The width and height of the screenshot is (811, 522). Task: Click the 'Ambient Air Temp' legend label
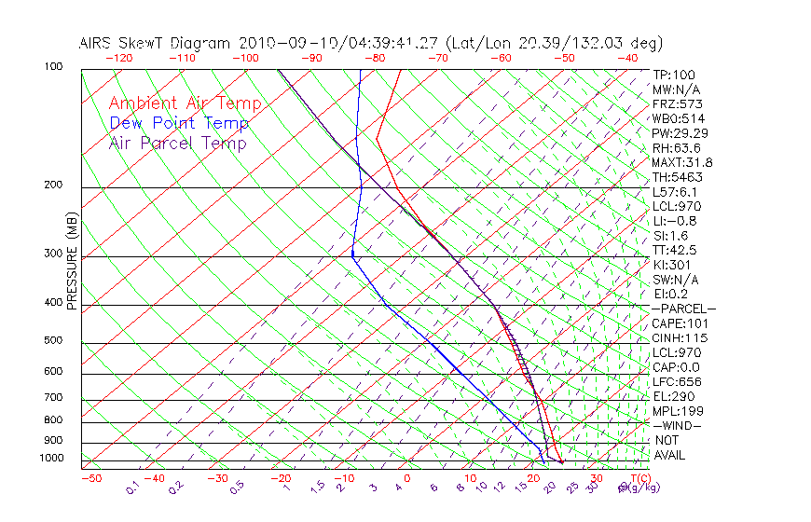[185, 103]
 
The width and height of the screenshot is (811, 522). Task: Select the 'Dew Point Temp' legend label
[179, 123]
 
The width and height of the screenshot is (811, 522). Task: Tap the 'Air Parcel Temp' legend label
[177, 143]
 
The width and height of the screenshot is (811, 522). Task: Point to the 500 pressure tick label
[54, 341]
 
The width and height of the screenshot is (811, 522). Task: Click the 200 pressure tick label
[54, 185]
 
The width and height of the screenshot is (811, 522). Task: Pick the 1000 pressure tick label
[51, 459]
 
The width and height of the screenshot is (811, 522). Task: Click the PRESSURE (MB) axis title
[72, 264]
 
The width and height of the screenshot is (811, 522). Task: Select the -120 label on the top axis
[118, 58]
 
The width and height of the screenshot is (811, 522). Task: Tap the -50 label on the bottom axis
[90, 478]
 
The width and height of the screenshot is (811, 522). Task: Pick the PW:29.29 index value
[680, 133]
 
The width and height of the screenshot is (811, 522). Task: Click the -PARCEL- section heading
[683, 309]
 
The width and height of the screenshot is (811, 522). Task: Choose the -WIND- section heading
[677, 426]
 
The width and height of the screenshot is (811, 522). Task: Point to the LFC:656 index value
[677, 382]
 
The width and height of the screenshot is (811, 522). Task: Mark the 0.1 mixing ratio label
[132, 488]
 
